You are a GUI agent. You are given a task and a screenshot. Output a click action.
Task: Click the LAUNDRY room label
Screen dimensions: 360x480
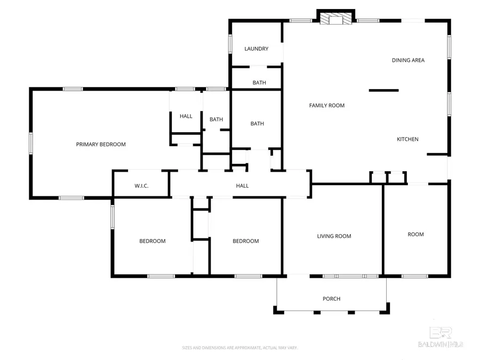[256, 49]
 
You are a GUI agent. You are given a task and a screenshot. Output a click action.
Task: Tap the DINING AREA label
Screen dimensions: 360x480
[408, 60]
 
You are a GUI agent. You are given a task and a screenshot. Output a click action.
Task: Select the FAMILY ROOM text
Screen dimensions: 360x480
[327, 106]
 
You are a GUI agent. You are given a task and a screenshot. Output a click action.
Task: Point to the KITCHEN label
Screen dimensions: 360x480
[407, 139]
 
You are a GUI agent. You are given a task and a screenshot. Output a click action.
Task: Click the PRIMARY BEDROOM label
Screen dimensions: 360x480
[101, 145]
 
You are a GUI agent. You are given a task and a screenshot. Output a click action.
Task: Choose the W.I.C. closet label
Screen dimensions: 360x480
[141, 186]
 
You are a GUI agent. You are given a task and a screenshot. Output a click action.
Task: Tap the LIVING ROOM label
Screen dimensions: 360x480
[334, 236]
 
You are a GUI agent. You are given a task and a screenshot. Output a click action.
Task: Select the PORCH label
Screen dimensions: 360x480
[331, 299]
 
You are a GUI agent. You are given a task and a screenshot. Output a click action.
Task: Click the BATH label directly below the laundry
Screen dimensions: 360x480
[259, 83]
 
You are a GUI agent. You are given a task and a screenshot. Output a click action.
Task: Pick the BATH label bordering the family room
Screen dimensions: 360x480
[257, 124]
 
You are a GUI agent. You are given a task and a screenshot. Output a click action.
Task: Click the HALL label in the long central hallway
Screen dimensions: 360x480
[242, 186]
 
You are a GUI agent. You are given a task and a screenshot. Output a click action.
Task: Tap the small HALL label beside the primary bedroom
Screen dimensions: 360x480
[186, 116]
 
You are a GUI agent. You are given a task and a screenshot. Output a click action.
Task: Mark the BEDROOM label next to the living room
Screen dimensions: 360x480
[245, 241]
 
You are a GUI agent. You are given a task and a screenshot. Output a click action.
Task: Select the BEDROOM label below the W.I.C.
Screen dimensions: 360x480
[153, 241]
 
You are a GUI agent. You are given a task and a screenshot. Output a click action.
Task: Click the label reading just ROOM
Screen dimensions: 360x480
[415, 234]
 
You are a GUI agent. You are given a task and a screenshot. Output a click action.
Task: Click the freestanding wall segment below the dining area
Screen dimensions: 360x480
[383, 90]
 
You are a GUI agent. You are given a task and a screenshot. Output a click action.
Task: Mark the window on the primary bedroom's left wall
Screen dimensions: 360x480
[31, 143]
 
